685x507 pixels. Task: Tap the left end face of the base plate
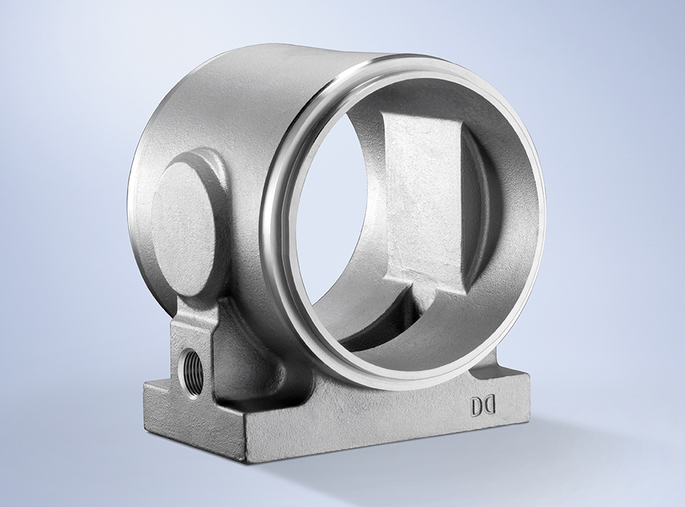click(195, 411)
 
